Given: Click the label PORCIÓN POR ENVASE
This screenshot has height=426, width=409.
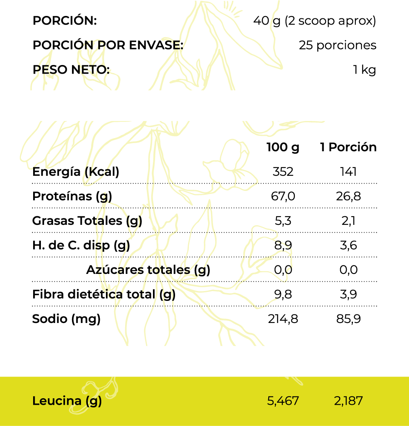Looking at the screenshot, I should pyautogui.click(x=108, y=45).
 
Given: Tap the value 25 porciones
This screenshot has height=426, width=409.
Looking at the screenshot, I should pyautogui.click(x=337, y=45).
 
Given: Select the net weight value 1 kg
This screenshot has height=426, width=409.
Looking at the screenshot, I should pyautogui.click(x=364, y=70).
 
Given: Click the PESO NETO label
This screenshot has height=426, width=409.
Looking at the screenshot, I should pyautogui.click(x=71, y=70).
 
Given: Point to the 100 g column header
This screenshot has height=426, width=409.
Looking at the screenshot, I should pyautogui.click(x=283, y=147).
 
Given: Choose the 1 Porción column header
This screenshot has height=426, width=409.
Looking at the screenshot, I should pyautogui.click(x=348, y=147).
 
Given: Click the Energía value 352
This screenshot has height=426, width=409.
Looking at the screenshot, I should pyautogui.click(x=283, y=172).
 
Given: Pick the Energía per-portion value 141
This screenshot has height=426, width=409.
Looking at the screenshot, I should pyautogui.click(x=348, y=172).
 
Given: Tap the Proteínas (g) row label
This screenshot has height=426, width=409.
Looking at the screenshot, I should pyautogui.click(x=72, y=196).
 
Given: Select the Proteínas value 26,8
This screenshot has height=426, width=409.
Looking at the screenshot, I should pyautogui.click(x=348, y=196).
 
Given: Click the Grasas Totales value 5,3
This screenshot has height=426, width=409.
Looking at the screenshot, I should pyautogui.click(x=283, y=221).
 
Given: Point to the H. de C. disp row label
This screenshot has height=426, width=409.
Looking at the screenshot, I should pyautogui.click(x=81, y=245).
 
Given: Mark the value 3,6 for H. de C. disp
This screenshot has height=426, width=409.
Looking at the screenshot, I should pyautogui.click(x=348, y=245).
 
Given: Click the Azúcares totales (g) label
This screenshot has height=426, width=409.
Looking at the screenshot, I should pyautogui.click(x=148, y=270).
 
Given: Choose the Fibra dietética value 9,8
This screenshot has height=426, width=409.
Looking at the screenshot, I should pyautogui.click(x=283, y=294).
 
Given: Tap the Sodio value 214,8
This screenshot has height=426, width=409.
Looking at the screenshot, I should pyautogui.click(x=283, y=319).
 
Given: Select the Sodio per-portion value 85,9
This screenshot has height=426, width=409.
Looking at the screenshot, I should pyautogui.click(x=348, y=319).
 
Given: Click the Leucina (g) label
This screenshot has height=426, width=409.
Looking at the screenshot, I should pyautogui.click(x=67, y=401).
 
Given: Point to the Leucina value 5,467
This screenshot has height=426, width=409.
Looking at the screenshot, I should pyautogui.click(x=283, y=401).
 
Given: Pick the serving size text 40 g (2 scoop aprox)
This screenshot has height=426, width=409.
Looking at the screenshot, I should pyautogui.click(x=315, y=20).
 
